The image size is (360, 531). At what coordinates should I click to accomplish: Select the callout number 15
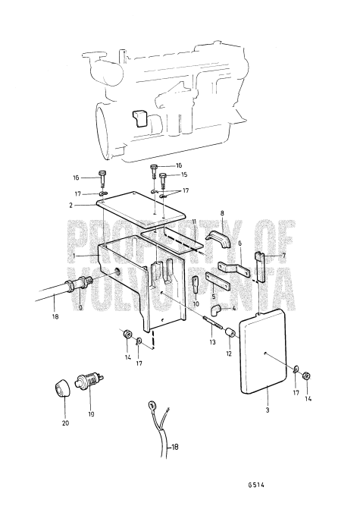(183, 174)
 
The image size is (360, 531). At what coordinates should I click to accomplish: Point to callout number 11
(193, 221)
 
